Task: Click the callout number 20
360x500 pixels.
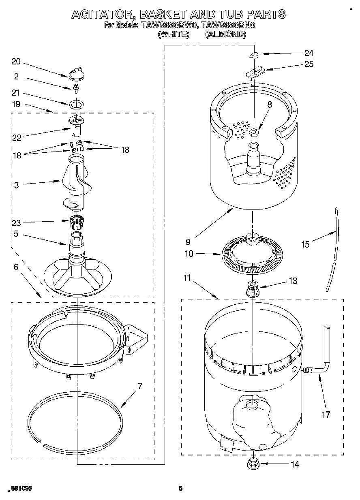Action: click(16, 62)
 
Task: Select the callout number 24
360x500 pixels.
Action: click(309, 53)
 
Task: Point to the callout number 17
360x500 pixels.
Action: click(326, 415)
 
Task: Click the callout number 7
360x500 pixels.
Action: click(140, 386)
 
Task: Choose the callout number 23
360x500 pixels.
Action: click(16, 222)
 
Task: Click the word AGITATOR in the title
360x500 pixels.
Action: click(103, 14)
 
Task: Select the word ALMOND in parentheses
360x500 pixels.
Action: click(226, 34)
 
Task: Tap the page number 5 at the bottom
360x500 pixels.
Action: click(181, 488)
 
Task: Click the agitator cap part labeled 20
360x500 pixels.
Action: click(75, 74)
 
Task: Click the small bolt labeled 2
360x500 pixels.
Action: click(75, 87)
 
